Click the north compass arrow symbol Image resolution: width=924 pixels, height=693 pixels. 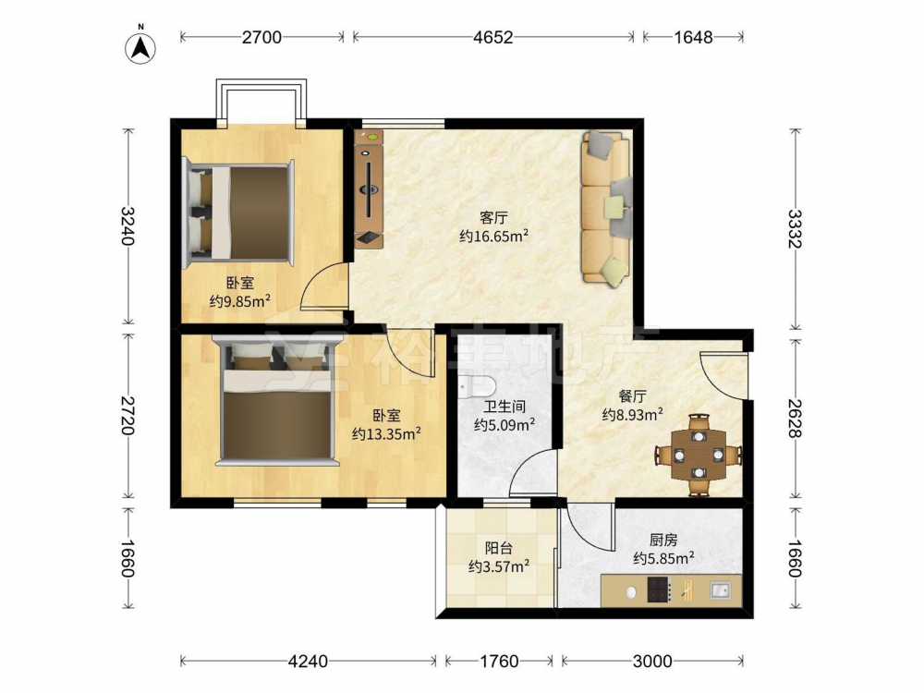140,47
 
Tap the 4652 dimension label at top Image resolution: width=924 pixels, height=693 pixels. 492,37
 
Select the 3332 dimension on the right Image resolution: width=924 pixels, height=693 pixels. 795,228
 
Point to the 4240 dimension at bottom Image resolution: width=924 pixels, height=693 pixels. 308,662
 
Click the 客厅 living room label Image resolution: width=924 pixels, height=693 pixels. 493,218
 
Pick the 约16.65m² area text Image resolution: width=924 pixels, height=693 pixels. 493,237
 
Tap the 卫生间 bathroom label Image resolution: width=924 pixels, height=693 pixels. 505,407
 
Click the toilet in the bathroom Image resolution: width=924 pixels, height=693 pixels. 477,386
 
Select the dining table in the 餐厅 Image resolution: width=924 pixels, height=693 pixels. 699,455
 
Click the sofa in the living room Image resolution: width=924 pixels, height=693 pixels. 606,209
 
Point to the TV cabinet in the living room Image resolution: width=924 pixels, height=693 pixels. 370,188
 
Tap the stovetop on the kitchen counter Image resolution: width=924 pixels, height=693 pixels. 659,590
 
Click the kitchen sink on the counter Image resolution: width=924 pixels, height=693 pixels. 720,590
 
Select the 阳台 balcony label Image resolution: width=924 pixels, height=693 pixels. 499,548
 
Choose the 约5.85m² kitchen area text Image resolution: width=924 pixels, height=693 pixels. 663,558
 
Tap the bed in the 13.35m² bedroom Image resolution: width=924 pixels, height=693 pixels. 276,401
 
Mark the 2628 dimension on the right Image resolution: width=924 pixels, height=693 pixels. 795,419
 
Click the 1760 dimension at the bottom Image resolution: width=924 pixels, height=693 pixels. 499,662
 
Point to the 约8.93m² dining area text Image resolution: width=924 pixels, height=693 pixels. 633,415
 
